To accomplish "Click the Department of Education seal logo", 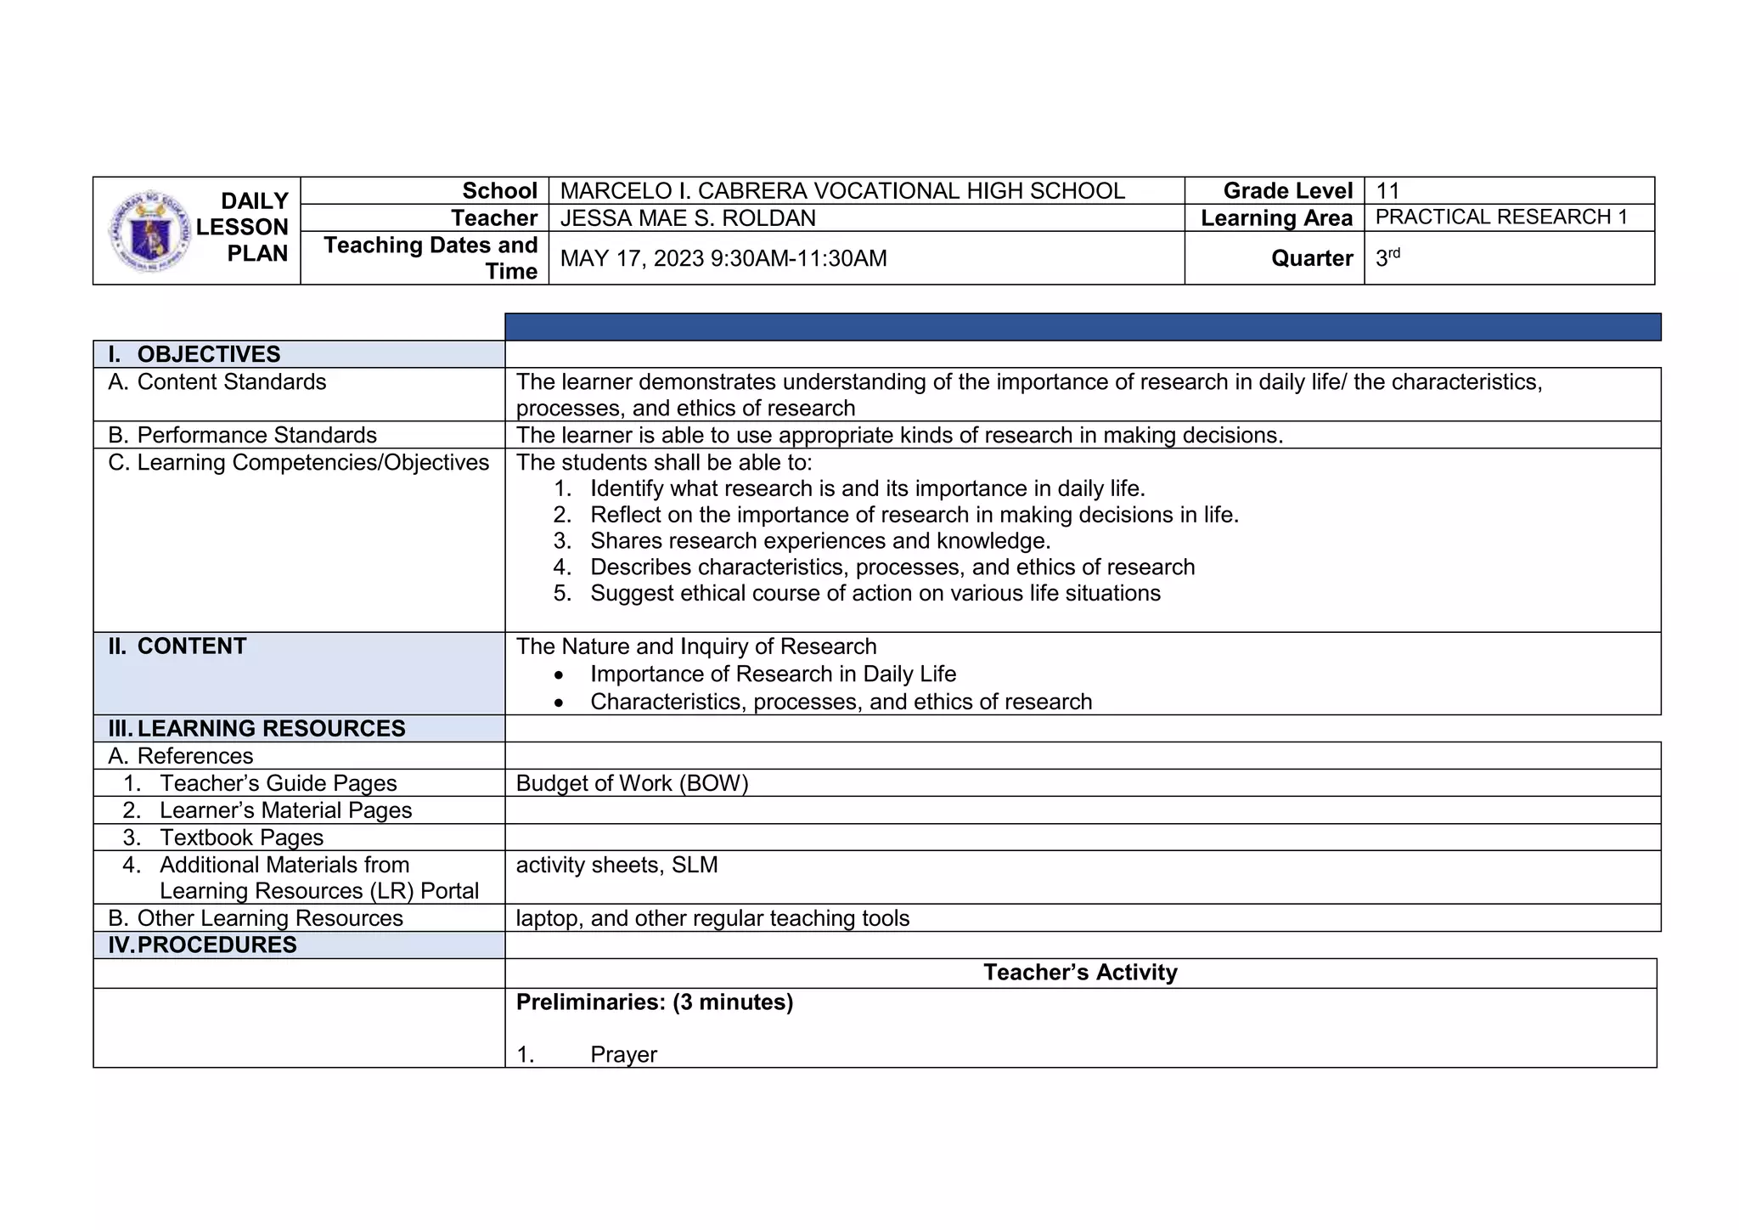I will pos(151,231).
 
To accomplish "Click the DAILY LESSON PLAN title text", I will pos(243,228).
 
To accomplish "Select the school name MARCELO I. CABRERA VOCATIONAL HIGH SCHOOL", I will pos(842,191).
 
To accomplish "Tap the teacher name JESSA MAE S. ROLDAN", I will pos(688,218).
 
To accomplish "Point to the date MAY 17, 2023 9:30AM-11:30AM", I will pos(723,258).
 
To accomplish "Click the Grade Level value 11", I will pos(1387,191).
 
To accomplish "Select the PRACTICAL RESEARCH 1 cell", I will pos(1501,217).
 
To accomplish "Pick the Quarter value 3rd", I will pos(1387,257).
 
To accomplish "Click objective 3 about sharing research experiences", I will pos(820,541).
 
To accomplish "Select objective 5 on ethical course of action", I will pos(875,593).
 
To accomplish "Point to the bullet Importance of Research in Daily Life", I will pos(773,674).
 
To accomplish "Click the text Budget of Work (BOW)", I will pos(632,783).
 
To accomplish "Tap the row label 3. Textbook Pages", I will pos(241,838).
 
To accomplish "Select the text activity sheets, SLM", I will pos(616,865).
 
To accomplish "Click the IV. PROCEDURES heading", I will pos(217,945).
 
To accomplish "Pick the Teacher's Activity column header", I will pos(1080,973).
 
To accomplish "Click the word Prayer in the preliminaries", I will pos(623,1055).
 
